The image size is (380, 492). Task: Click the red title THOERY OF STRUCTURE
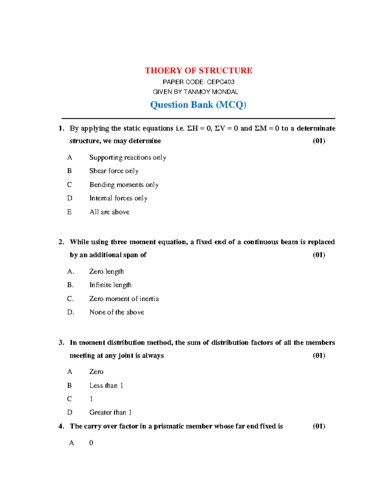pos(199,70)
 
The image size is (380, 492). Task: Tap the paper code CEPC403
pos(220,82)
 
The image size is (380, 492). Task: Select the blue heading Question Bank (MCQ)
pos(198,105)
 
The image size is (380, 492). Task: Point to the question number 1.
pos(61,128)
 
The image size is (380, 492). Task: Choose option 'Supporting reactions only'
pos(128,157)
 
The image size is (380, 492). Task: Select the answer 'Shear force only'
pos(114,171)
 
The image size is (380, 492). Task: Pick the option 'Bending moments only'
pos(124,185)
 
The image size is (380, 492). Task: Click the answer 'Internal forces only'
pos(118,198)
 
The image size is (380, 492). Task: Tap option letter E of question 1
pos(69,212)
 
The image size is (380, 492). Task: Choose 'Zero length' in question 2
pos(106,272)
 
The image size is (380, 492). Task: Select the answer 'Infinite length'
pos(110,285)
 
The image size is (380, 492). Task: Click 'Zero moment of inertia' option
pos(124,299)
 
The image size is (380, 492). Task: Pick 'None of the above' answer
pos(117,312)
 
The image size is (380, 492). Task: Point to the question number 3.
pos(61,342)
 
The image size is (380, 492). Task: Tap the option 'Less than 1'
pos(106,386)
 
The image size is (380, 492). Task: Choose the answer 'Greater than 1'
pos(110,412)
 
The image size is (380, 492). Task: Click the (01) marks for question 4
pos(319,426)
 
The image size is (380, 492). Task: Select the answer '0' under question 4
pos(91,443)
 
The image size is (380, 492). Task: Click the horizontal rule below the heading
pos(198,118)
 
